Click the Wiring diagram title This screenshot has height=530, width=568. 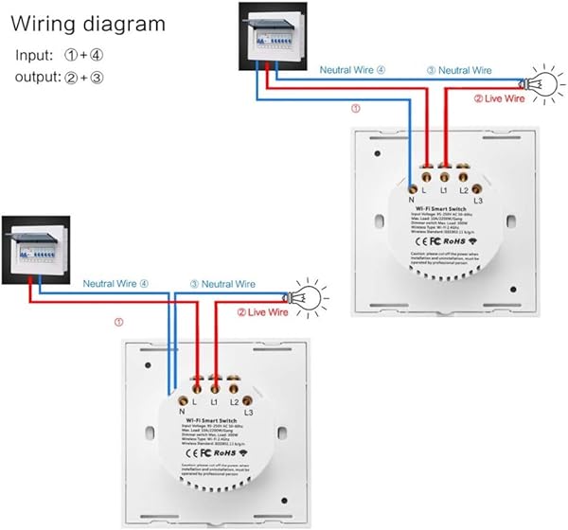87,24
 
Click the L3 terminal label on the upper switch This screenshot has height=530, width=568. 478,202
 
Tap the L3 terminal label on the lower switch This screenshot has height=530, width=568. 249,414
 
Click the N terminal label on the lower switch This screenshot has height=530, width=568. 179,413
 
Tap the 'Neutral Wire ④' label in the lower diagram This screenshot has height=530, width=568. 115,283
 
